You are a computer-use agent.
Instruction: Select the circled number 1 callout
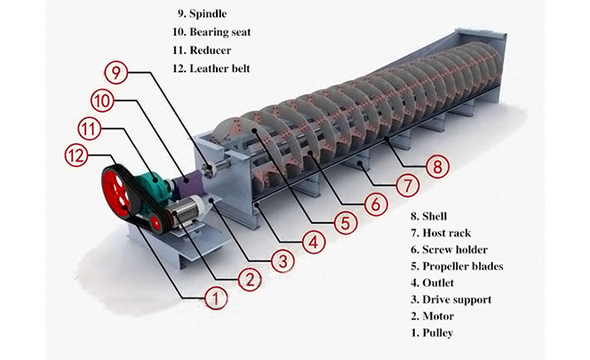[213, 299]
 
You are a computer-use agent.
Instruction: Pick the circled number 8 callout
[435, 165]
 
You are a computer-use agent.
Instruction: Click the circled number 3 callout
[282, 261]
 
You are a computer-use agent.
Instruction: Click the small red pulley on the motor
[159, 220]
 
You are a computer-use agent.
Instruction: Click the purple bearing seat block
[189, 186]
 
